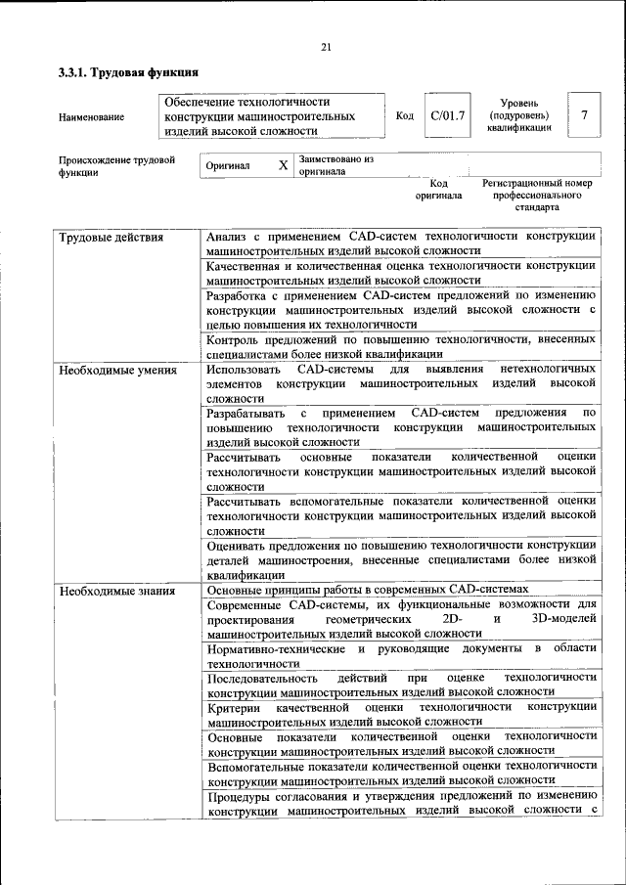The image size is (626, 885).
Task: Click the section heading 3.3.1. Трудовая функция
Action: coord(128,72)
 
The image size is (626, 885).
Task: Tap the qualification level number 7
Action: coord(584,115)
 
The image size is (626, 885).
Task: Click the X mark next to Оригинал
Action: coord(283,165)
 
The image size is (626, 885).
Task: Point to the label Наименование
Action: coord(91,117)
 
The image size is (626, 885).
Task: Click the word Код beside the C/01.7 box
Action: coord(404,116)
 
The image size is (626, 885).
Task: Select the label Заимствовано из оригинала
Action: coord(336,164)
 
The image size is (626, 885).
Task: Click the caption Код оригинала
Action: coord(438,189)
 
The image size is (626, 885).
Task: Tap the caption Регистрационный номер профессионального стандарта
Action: coord(537,195)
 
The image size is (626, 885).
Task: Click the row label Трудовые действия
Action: coord(111,237)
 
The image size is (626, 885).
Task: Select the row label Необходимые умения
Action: coord(117,371)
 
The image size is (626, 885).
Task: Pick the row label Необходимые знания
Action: coord(116,590)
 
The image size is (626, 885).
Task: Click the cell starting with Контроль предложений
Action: coord(401,346)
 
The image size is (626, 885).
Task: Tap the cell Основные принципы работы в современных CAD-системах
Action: coord(368,590)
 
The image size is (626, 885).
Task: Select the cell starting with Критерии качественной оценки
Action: coord(401,713)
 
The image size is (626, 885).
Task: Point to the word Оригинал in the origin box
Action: coord(228,166)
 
